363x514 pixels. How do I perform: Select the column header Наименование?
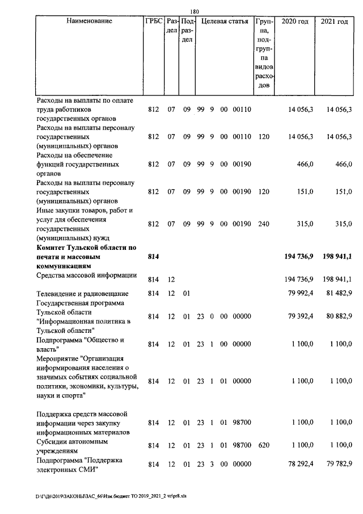(x=89, y=22)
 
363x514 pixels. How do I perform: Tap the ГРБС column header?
(x=153, y=22)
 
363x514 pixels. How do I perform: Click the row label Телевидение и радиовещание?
(x=82, y=294)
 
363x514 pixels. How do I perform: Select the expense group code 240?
(x=262, y=224)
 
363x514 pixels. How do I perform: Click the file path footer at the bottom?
(x=111, y=496)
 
